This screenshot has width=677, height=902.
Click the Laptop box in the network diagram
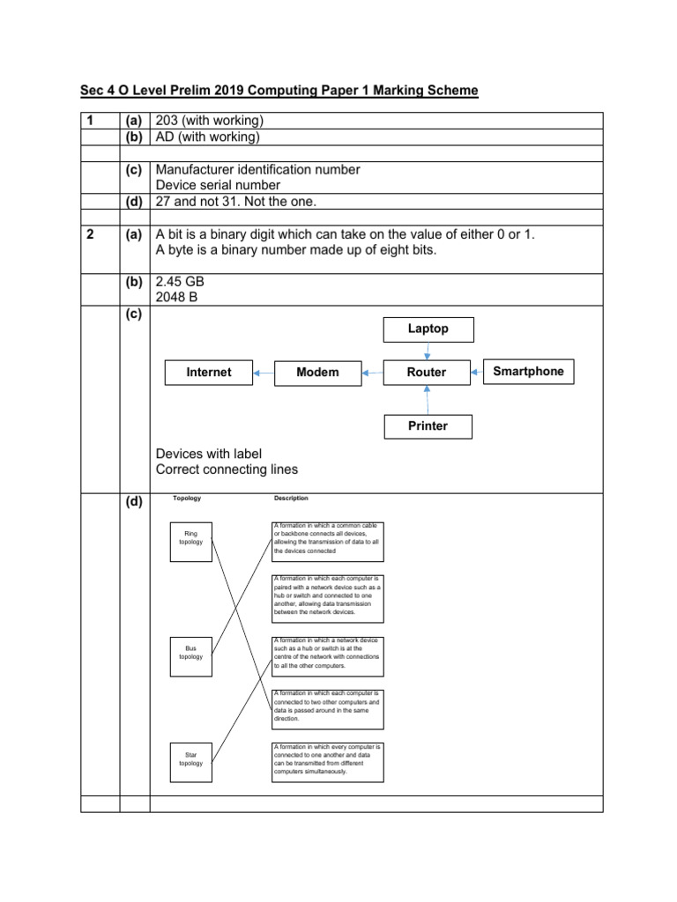(428, 329)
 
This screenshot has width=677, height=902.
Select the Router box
(427, 373)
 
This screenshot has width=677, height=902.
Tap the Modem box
(317, 373)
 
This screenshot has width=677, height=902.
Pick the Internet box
(209, 373)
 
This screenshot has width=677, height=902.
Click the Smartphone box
(528, 372)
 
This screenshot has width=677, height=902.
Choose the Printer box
(428, 426)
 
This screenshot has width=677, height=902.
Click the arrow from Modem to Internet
(264, 373)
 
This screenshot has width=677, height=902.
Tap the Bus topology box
(191, 652)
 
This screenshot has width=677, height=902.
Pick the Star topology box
(191, 759)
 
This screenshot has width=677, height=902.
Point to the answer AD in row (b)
(165, 137)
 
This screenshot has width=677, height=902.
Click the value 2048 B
(177, 297)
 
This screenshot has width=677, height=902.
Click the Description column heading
(291, 499)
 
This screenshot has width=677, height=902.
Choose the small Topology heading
(187, 499)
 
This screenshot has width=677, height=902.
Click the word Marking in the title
(389, 91)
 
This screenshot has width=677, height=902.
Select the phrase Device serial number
(218, 185)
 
